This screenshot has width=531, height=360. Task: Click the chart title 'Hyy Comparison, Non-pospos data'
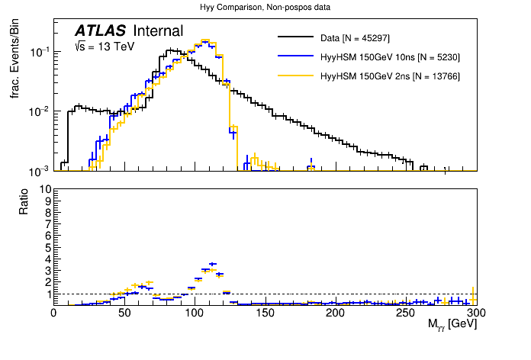pos(265,8)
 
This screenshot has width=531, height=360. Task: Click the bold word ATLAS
pos(101,31)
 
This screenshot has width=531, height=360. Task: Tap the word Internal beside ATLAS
pos(158,31)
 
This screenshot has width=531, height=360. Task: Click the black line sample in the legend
pos(296,37)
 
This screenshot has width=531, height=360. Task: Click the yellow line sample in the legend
pos(296,76)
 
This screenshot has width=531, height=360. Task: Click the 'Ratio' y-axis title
pos(24,201)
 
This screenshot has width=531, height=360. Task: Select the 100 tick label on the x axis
pos(195,313)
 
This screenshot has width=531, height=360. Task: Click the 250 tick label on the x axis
pos(405,313)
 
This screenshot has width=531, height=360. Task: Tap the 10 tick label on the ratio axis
pos(43,189)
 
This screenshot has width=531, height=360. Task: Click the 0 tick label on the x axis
pos(53,313)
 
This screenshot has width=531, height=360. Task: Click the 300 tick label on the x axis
pos(475,313)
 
